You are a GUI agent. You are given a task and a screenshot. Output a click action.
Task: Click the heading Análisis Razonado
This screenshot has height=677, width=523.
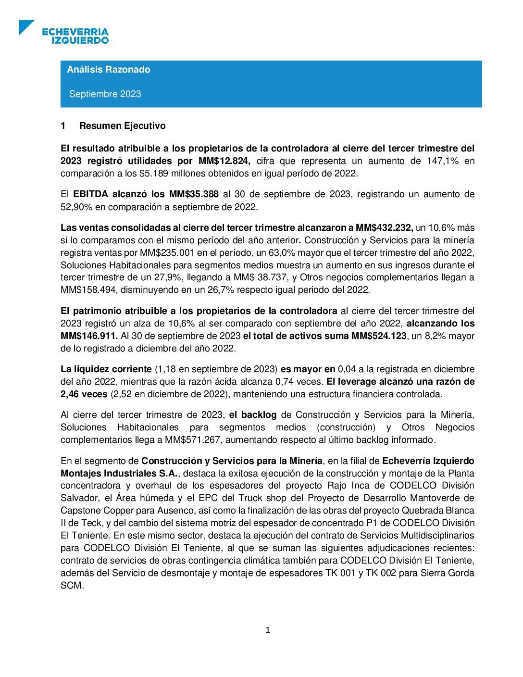(109, 69)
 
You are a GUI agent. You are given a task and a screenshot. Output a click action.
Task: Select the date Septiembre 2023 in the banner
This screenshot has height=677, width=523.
(105, 94)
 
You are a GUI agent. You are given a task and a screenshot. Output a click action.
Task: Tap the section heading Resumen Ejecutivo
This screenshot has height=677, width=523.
(122, 126)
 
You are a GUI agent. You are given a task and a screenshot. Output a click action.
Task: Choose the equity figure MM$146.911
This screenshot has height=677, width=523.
(89, 336)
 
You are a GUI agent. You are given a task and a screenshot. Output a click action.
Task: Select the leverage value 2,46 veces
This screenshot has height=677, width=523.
(84, 394)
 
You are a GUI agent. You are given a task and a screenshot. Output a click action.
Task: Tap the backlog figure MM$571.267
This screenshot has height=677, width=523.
(193, 439)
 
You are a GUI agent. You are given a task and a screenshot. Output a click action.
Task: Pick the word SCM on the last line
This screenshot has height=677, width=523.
(72, 586)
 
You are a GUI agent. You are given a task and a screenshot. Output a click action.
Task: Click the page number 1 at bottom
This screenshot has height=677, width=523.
(268, 630)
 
